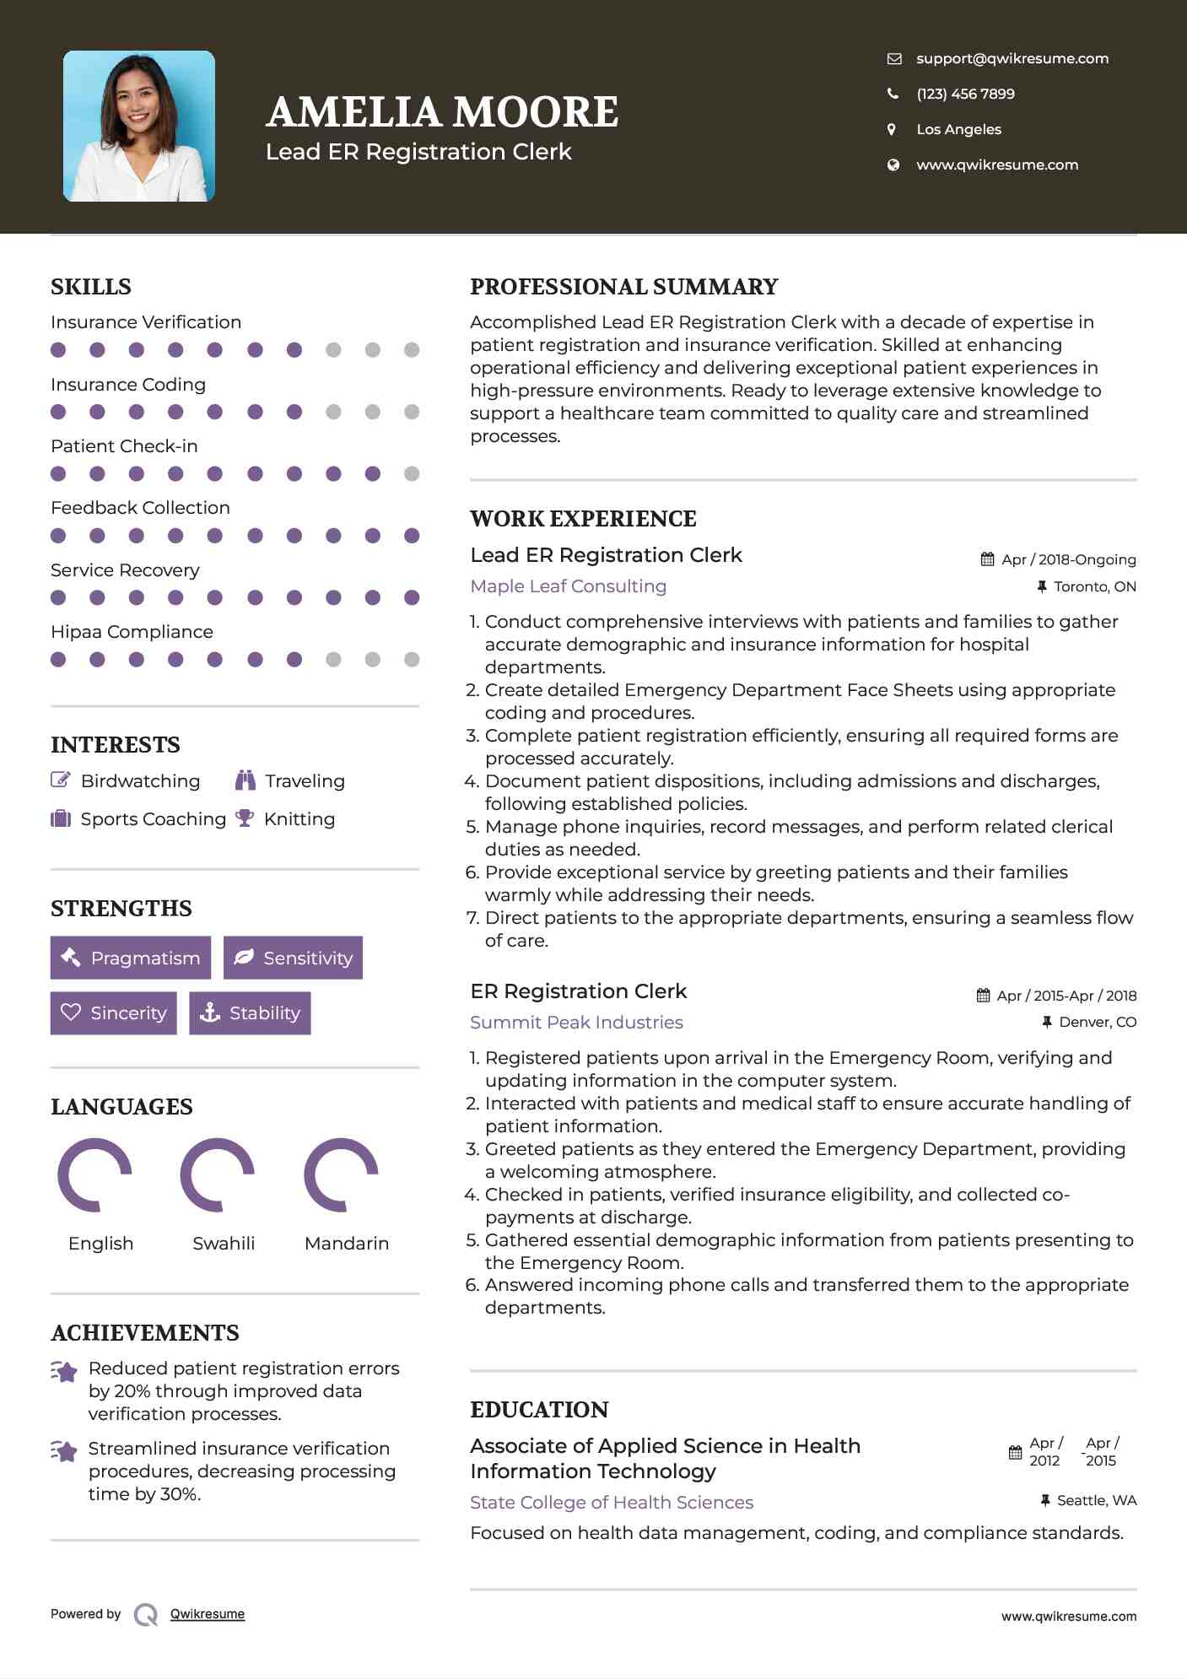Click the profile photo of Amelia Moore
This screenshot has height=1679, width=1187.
coord(139,126)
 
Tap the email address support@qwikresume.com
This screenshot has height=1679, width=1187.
coord(1012,58)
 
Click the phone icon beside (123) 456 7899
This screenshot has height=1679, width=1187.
coord(893,94)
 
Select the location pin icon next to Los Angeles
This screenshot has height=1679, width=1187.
coord(892,129)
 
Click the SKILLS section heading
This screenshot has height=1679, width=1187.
coord(91,287)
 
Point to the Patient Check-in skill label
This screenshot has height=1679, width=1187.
coord(124,445)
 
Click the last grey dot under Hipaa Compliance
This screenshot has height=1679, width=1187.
coord(412,659)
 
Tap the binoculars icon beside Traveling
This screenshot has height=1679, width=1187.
coord(245,780)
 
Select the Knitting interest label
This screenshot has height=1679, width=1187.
coord(299,818)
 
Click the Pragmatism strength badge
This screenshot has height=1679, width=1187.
coord(131,958)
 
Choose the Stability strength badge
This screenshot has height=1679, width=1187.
coord(250,1012)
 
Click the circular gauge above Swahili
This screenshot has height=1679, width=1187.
coord(218,1174)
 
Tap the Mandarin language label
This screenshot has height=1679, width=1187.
coord(346,1243)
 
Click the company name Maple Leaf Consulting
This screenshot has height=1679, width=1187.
coord(568,586)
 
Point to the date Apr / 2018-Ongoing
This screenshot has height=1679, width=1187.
coord(1068,559)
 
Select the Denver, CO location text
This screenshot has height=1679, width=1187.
coord(1097,1022)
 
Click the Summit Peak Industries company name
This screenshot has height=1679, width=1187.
coord(576,1022)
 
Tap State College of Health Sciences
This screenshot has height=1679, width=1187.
coord(611,1502)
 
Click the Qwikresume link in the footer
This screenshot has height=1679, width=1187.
coord(208,1614)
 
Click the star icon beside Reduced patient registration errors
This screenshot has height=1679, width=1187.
coord(64,1371)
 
